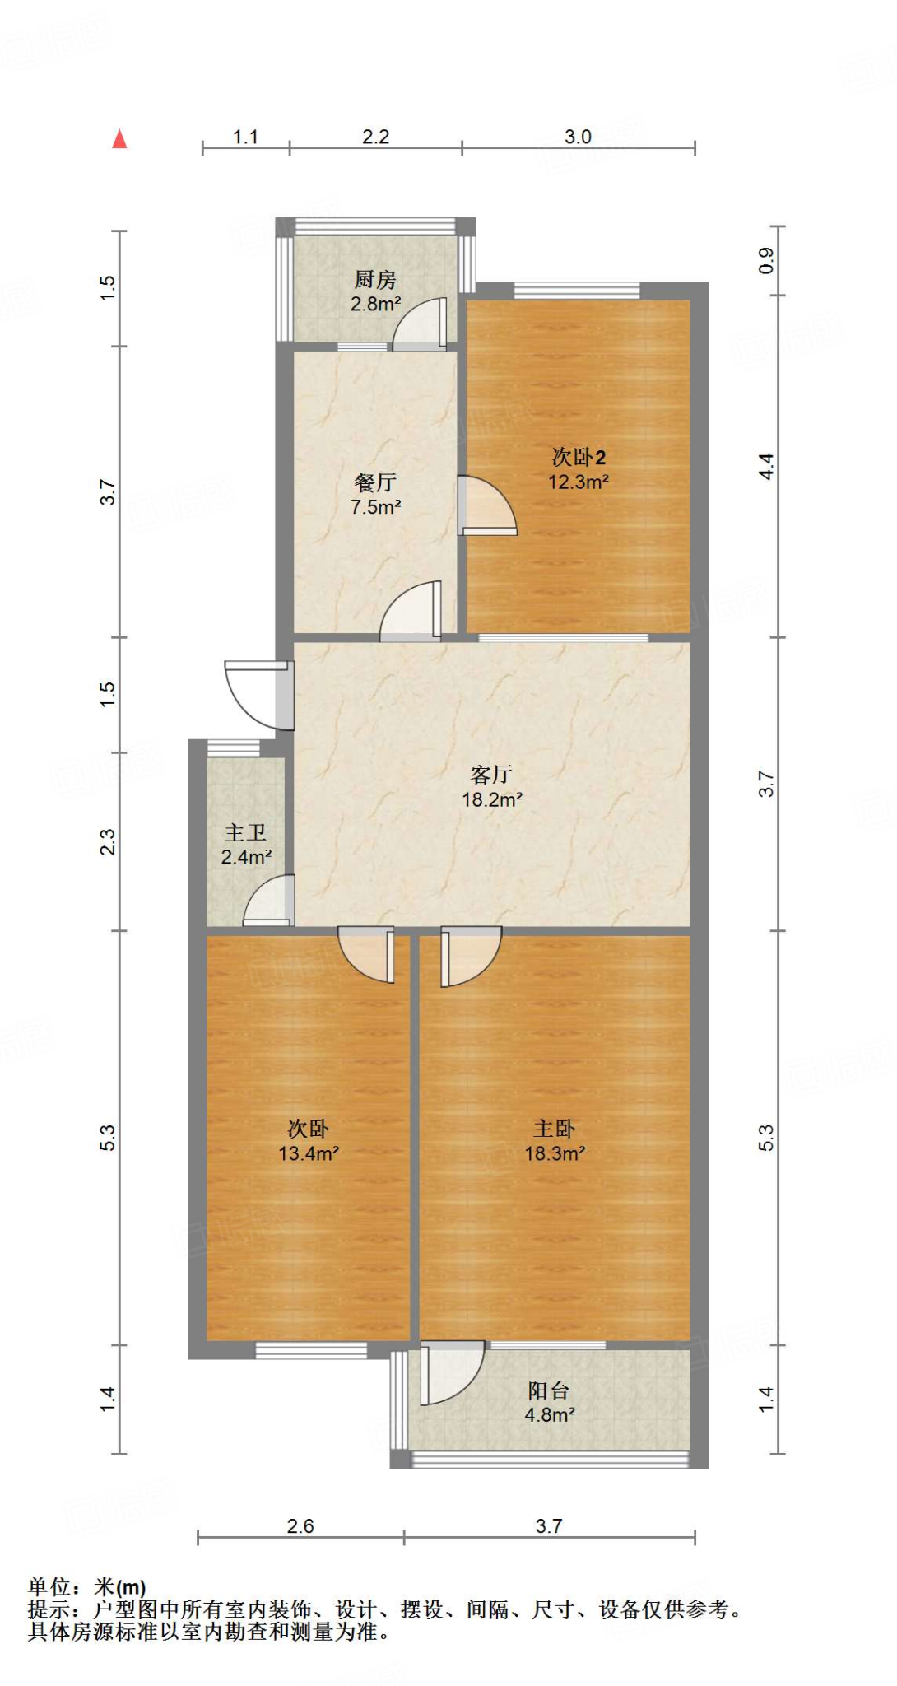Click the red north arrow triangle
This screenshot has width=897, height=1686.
(x=120, y=139)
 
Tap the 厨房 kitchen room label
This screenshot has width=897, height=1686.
(x=375, y=280)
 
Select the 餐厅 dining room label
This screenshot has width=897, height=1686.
(x=375, y=482)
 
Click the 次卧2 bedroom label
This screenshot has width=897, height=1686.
(x=579, y=457)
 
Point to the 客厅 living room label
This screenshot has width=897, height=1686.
(x=492, y=774)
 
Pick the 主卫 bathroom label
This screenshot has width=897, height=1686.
(x=246, y=833)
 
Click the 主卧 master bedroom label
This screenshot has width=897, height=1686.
(x=555, y=1129)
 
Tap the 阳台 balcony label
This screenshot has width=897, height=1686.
(x=549, y=1391)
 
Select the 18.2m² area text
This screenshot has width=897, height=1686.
(x=492, y=799)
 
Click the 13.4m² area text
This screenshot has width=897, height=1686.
(x=309, y=1153)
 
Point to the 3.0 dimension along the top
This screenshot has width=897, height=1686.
(x=578, y=137)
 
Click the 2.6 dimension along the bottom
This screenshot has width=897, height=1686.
(x=300, y=1526)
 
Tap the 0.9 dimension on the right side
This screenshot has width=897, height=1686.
(x=766, y=261)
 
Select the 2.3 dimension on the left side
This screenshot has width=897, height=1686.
(x=108, y=841)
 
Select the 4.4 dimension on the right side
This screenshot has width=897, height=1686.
(x=766, y=467)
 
